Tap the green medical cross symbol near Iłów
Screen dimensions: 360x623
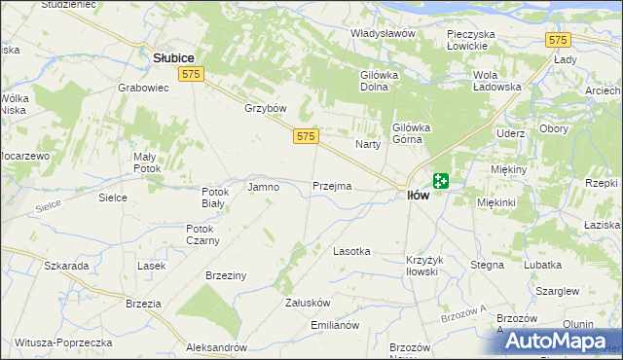tap(441, 180)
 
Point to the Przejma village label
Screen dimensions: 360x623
tap(332, 186)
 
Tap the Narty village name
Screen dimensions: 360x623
tap(367, 144)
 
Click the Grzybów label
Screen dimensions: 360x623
tap(263, 108)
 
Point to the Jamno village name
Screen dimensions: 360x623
tap(264, 187)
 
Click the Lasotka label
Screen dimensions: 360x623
tap(351, 251)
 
